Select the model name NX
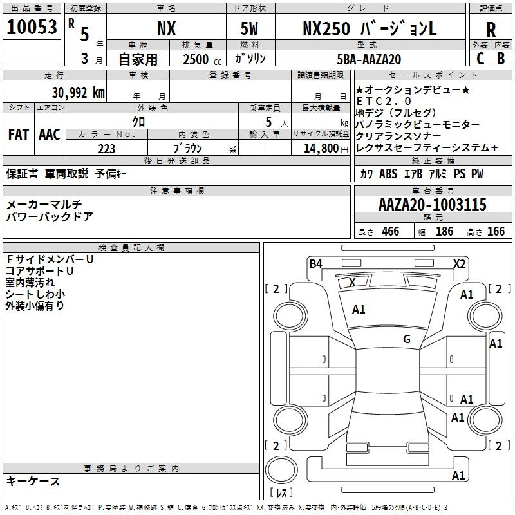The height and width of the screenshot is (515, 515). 166,28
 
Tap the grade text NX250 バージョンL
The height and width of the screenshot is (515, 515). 370,28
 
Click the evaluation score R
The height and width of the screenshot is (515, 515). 491,29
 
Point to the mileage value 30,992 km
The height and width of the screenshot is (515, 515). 78,92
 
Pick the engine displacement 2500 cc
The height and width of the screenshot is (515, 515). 194,59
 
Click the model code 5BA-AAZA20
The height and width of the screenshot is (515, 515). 370,59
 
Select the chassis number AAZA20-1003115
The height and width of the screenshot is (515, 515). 433,205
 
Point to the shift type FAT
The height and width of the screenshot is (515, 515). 18,135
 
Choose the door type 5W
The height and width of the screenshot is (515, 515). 251,28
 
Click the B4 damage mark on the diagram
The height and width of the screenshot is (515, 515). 315,263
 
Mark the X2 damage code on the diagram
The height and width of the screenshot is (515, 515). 459,263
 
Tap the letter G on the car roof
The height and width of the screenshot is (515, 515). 406,339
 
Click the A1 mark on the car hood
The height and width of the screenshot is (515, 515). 359,310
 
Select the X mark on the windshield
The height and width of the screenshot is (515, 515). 352,283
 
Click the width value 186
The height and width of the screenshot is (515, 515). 444,231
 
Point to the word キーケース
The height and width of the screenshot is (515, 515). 33,481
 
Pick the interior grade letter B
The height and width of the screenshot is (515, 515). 501,59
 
